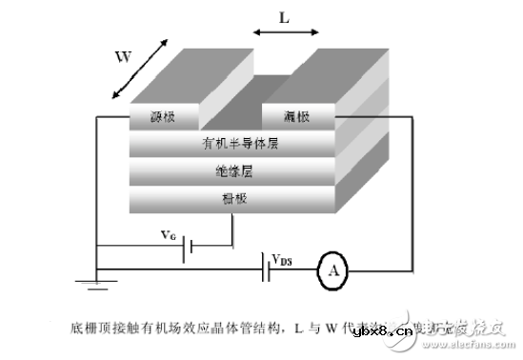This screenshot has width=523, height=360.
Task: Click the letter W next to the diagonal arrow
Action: point(122,56)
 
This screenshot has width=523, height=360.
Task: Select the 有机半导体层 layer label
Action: point(232,144)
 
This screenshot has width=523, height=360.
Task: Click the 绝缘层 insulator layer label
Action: point(232,172)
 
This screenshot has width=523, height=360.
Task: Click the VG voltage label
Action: point(168,233)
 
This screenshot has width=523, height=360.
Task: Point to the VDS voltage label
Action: point(281,259)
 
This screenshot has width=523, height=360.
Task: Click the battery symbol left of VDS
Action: point(264,270)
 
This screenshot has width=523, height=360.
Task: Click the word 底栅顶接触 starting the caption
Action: point(95,329)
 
